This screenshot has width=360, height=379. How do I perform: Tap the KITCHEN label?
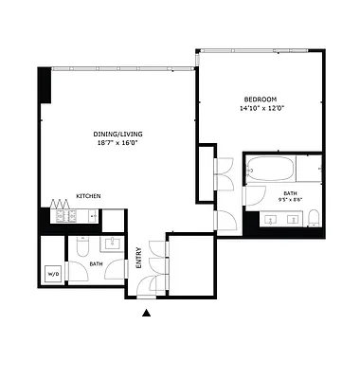pyautogui.click(x=89, y=196)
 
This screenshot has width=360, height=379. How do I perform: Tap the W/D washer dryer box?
pyautogui.click(x=51, y=276)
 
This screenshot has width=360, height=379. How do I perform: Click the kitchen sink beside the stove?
pyautogui.click(x=84, y=216)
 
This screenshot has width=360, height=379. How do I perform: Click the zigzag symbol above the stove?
pyautogui.click(x=62, y=202)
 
